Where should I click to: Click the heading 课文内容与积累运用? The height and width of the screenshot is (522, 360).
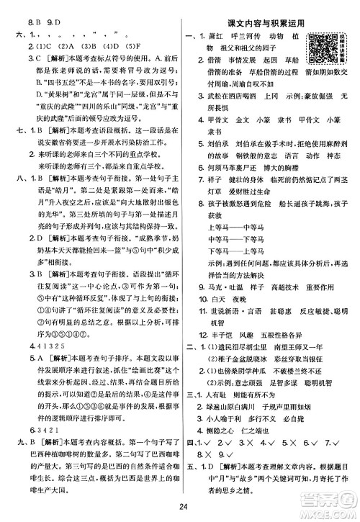[x=265, y=23]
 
